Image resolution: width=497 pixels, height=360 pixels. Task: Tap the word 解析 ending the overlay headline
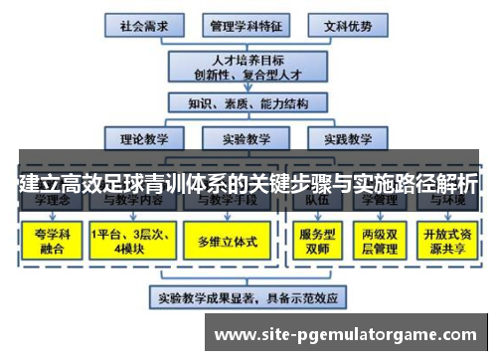[453, 184]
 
